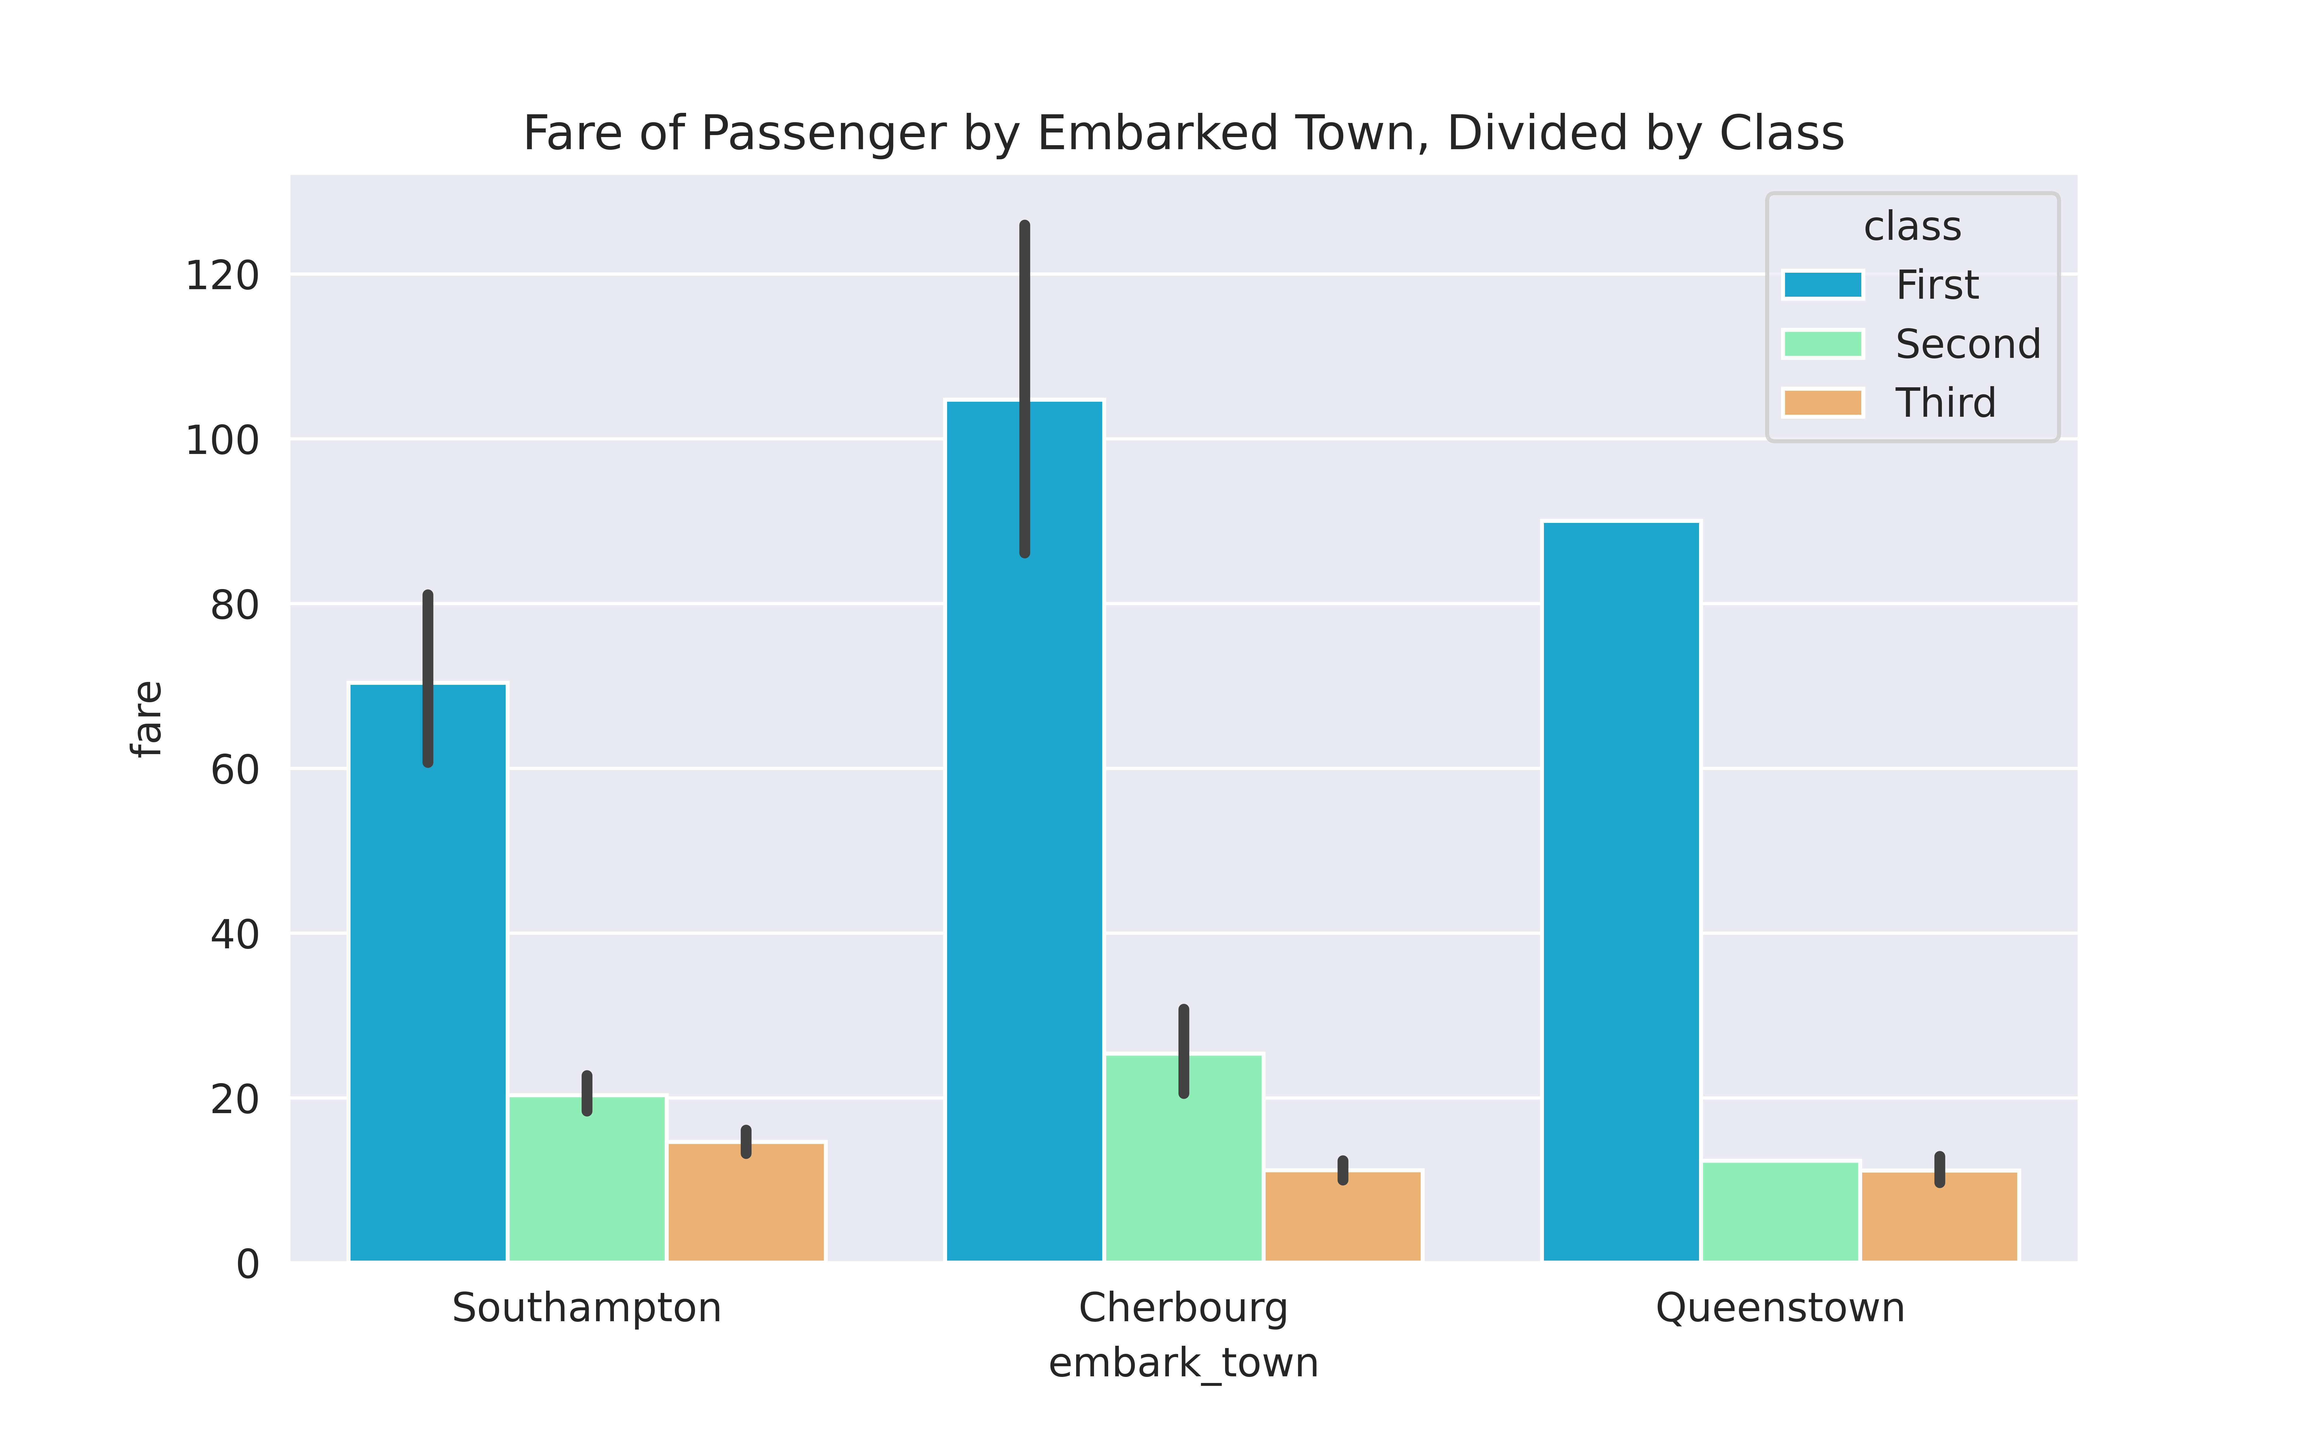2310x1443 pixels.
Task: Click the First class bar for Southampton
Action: (428, 973)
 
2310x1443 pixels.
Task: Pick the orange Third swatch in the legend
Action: (1822, 403)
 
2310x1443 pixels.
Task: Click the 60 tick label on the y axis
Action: (234, 770)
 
